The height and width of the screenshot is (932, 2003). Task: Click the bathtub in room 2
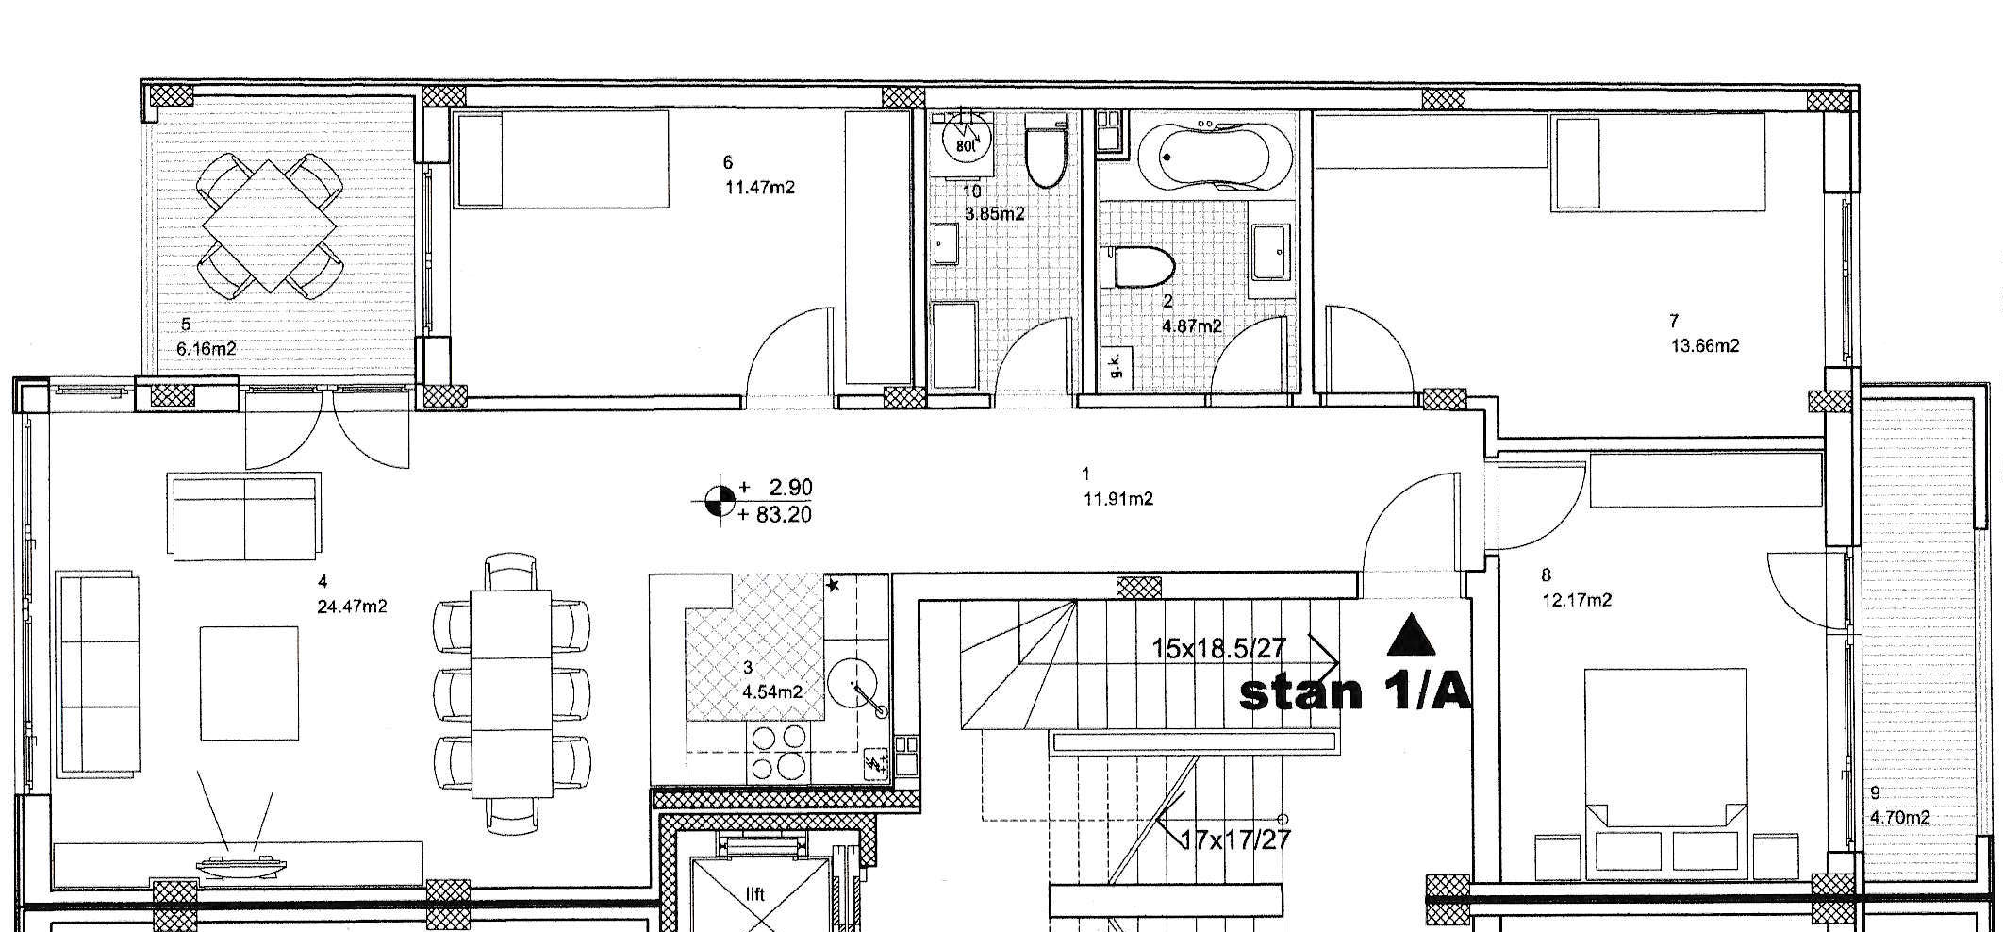(x=1213, y=157)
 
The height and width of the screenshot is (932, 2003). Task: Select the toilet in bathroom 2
(x=1142, y=267)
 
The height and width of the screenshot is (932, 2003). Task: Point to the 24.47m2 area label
(x=352, y=607)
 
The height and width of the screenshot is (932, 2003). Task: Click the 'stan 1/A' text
(x=1354, y=692)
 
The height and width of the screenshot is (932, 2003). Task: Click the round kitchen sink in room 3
(x=853, y=682)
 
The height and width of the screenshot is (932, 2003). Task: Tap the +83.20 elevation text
(x=776, y=514)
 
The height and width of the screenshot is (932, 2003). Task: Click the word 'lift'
(x=754, y=894)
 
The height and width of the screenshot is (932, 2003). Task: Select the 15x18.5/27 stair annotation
(x=1219, y=648)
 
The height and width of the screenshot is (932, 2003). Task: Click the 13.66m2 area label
(x=1705, y=345)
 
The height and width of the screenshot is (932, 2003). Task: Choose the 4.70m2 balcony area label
(x=1899, y=817)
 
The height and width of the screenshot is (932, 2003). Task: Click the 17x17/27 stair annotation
(x=1235, y=839)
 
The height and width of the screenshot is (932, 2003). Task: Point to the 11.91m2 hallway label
(x=1118, y=499)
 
